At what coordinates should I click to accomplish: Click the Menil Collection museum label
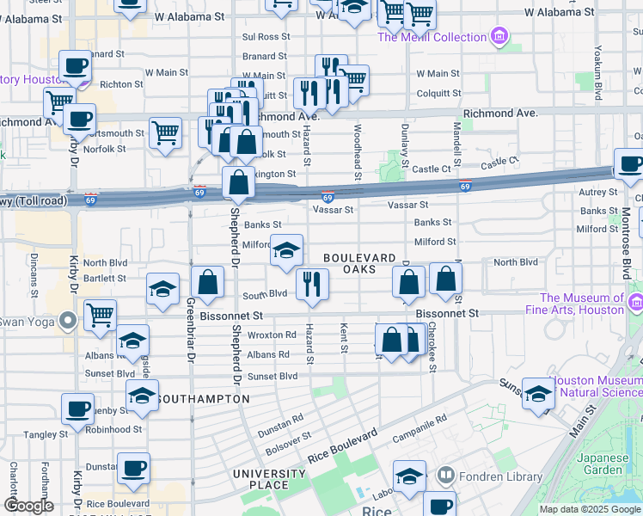coord(432,37)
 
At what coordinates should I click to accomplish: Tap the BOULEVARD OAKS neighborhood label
coord(359,264)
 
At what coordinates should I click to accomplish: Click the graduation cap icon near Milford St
coord(287,250)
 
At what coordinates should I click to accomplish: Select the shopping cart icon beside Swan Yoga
coord(101,316)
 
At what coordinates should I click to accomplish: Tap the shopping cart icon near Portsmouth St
coord(165,133)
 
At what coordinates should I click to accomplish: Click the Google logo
coord(28,506)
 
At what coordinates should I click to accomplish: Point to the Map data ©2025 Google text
coord(590,509)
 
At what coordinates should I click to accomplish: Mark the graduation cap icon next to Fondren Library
coord(410,476)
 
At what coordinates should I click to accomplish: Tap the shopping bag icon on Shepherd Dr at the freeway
coord(238,182)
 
